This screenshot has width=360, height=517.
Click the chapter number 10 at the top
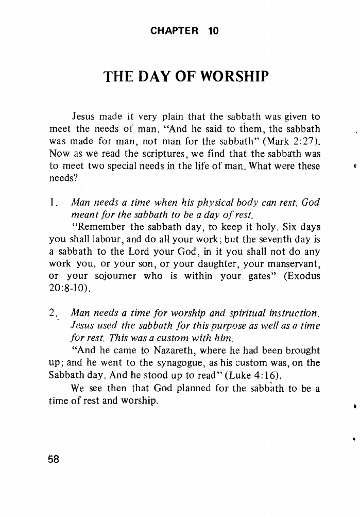[x=213, y=31]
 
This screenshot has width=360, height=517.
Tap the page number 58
[x=54, y=460]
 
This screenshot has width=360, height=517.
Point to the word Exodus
[x=301, y=276]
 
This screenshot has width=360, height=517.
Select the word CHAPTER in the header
[x=174, y=31]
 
